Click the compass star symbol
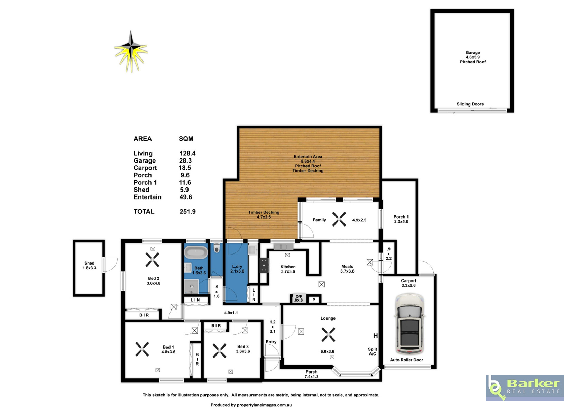pos(131,52)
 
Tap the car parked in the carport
pos(409,324)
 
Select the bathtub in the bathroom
pos(196,252)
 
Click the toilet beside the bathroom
pos(217,248)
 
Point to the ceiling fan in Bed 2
pos(152,260)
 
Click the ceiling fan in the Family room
pos(339,219)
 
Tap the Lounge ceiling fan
pos(328,334)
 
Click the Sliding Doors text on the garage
pos(470,104)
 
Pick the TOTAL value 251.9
pos(187,211)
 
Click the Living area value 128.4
pos(187,153)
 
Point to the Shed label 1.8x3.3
pos(89,265)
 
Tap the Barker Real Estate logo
pos(525,388)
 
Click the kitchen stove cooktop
pos(264,265)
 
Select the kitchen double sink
pos(280,247)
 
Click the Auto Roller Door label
pos(406,360)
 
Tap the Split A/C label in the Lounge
pos(373,351)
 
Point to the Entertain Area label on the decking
pos(308,157)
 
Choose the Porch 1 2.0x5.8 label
pos(401,219)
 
